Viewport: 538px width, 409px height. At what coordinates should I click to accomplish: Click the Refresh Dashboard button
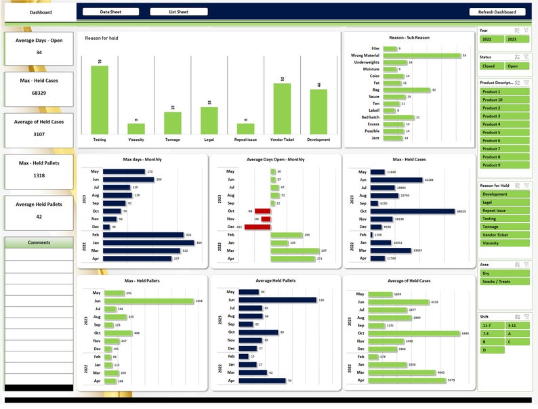pyautogui.click(x=497, y=12)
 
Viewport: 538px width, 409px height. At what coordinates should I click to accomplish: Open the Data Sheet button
pyautogui.click(x=110, y=12)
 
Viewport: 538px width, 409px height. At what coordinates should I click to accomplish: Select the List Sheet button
pyautogui.click(x=179, y=12)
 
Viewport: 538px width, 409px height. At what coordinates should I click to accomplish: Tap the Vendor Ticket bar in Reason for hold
pyautogui.click(x=282, y=108)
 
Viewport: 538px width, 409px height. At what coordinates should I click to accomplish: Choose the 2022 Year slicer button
pyautogui.click(x=491, y=39)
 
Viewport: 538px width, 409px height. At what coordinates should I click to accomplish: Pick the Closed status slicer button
pyautogui.click(x=491, y=66)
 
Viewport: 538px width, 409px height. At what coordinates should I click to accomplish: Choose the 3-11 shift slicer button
pyautogui.click(x=517, y=326)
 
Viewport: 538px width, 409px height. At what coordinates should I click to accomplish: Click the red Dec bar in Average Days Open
pyautogui.click(x=257, y=227)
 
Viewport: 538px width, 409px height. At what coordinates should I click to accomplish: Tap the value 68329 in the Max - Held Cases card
pyautogui.click(x=39, y=93)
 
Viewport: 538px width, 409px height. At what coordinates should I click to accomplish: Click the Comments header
pyautogui.click(x=39, y=242)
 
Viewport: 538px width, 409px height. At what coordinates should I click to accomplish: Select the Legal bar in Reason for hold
pyautogui.click(x=209, y=121)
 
